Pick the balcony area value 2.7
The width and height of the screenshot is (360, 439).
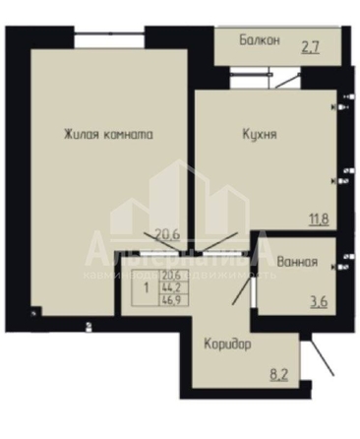pyautogui.click(x=310, y=45)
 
